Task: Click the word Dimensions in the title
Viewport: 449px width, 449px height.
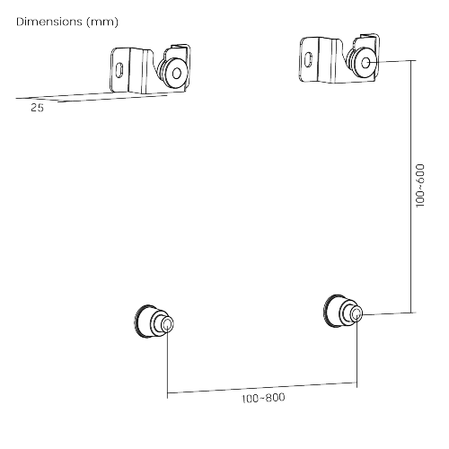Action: pyautogui.click(x=49, y=22)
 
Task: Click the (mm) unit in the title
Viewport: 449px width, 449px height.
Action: pyautogui.click(x=102, y=22)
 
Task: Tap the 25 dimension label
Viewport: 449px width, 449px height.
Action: pyautogui.click(x=37, y=108)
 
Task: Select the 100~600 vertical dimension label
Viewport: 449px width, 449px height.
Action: pyautogui.click(x=420, y=185)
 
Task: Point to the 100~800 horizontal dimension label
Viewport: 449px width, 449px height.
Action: pyautogui.click(x=263, y=398)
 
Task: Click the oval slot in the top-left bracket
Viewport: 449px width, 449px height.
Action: pyautogui.click(x=119, y=70)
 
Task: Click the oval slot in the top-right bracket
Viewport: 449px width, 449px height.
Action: pyautogui.click(x=308, y=59)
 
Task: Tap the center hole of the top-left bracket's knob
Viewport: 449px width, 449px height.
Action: pyautogui.click(x=177, y=74)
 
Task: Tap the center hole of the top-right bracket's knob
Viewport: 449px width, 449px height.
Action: pyautogui.click(x=365, y=63)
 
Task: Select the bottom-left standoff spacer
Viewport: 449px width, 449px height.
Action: pyautogui.click(x=154, y=321)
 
